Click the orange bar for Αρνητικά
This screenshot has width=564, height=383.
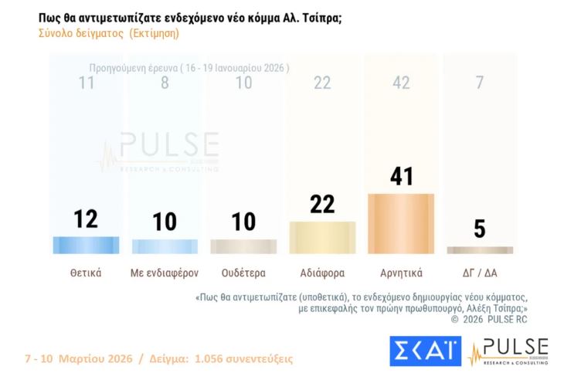click(x=401, y=223)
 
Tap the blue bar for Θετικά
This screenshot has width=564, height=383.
click(x=86, y=245)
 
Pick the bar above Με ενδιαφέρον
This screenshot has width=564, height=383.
click(x=165, y=246)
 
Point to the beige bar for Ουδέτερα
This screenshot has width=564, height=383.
click(x=243, y=246)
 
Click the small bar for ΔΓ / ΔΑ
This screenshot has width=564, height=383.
click(x=480, y=250)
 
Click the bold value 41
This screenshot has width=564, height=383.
click(x=401, y=176)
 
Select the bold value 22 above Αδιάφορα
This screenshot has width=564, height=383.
click(x=322, y=205)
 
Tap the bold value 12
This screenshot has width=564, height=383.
click(x=86, y=219)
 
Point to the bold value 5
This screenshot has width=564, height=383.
click(x=480, y=229)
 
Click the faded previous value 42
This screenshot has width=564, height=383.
click(x=401, y=83)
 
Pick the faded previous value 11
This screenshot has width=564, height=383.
click(x=86, y=83)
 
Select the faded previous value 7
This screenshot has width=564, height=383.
click(x=480, y=83)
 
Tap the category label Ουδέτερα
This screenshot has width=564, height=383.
click(x=243, y=273)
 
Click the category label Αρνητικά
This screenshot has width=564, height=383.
click(x=401, y=273)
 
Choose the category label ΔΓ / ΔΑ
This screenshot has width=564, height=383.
click(x=480, y=273)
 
